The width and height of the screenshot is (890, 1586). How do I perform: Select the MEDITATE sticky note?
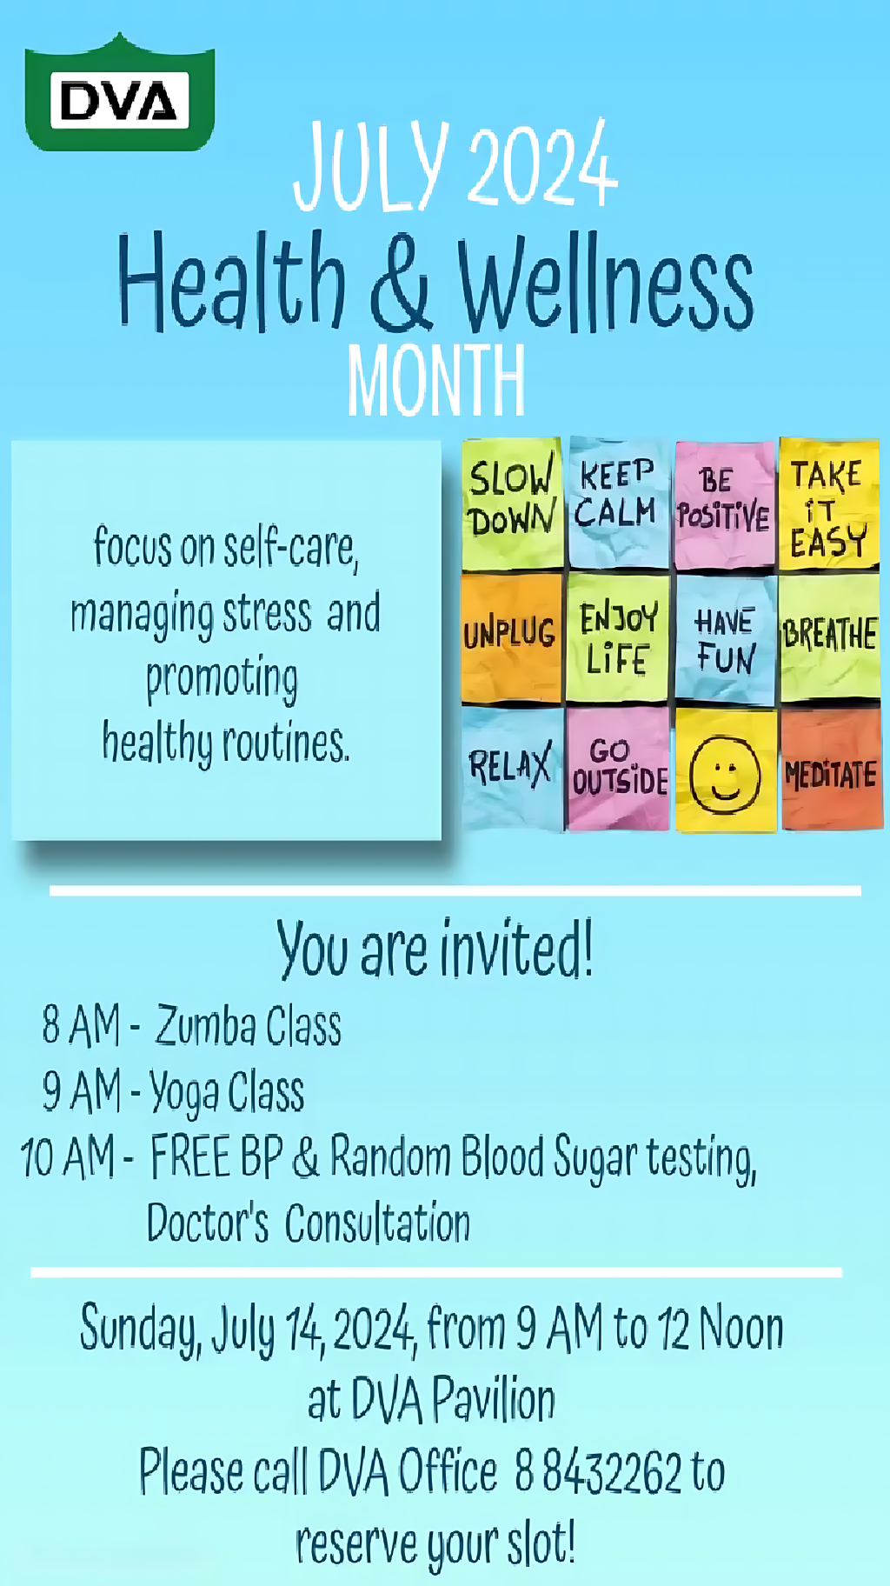coord(830,771)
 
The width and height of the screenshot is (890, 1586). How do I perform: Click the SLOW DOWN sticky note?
coord(511,503)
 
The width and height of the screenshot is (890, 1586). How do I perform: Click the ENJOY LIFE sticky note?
coord(618,637)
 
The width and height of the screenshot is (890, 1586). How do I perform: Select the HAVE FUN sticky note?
coord(724,639)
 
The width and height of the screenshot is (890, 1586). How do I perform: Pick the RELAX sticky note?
coord(511,768)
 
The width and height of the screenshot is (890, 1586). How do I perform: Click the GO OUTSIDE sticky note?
coord(618,768)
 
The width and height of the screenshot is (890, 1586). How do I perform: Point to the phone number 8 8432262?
coord(598,1471)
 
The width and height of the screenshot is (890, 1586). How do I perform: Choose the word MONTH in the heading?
coord(436,380)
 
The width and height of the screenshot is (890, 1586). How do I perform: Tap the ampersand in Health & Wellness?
coord(401,283)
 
